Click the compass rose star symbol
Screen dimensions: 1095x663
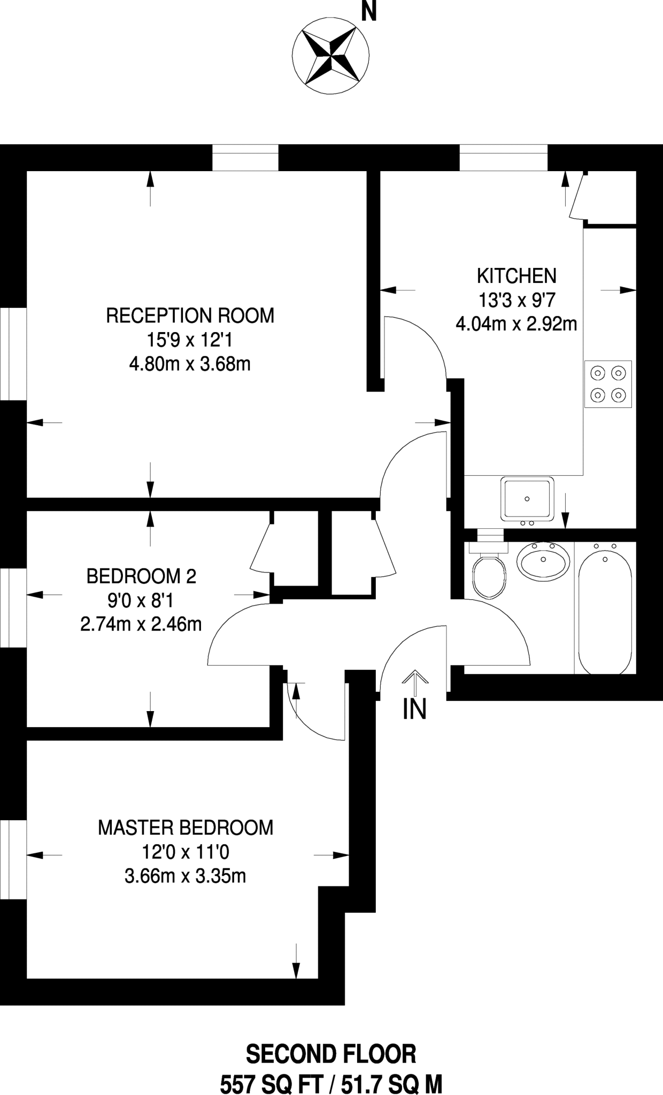pos(330,56)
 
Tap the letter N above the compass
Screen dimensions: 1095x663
pos(368,11)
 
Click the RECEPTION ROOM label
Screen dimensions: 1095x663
pos(190,315)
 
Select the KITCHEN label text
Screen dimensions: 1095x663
pos(516,276)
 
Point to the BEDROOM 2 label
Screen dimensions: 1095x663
pos(141,576)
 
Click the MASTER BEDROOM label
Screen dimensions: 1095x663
pos(185,828)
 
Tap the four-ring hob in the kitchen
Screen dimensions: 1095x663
pos(608,384)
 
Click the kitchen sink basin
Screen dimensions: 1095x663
pos(527,498)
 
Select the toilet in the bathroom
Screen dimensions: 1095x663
pos(488,576)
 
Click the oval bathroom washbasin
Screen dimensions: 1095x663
pos(543,560)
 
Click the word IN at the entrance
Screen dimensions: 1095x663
pos(414,710)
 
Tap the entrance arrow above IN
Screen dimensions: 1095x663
pos(415,681)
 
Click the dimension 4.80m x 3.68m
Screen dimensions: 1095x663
pos(190,364)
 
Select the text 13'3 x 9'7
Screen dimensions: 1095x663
pos(516,300)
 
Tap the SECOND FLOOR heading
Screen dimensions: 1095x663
pos(331,1055)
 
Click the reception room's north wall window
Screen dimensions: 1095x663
pos(245,158)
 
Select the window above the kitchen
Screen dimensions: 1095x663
pos(503,158)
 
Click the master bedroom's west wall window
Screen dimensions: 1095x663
pos(13,860)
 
